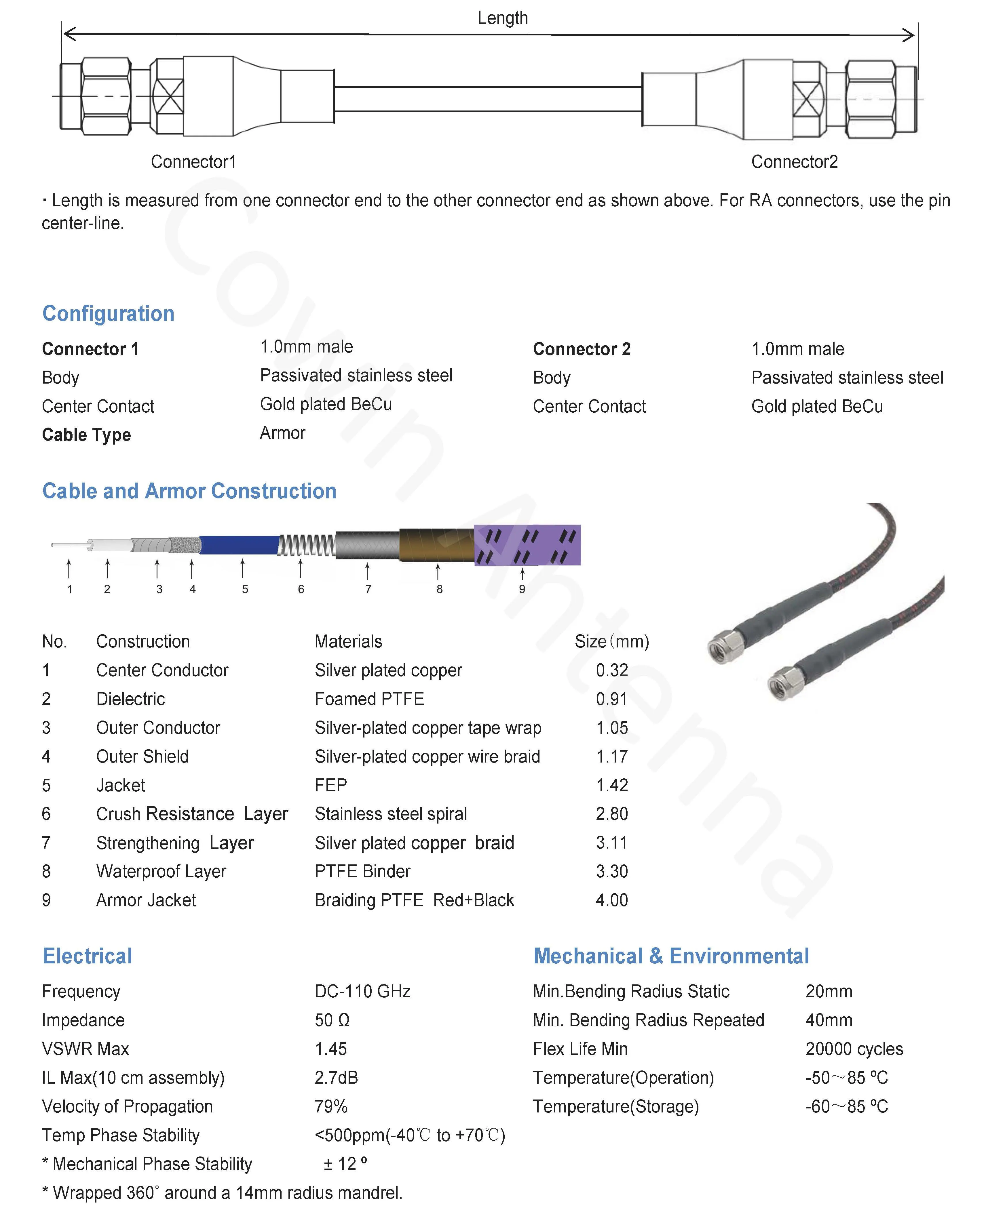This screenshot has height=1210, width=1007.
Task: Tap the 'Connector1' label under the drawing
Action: [194, 162]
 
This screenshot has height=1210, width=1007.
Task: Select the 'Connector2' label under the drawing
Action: [794, 162]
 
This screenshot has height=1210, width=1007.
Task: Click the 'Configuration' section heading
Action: [108, 313]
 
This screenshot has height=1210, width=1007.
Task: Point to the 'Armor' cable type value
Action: [282, 433]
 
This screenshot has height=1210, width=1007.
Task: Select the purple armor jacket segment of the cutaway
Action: [527, 545]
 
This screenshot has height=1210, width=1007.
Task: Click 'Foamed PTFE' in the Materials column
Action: [369, 699]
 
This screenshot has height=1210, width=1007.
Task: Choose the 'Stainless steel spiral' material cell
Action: [391, 814]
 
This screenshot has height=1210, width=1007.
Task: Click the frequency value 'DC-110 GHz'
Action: [362, 992]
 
